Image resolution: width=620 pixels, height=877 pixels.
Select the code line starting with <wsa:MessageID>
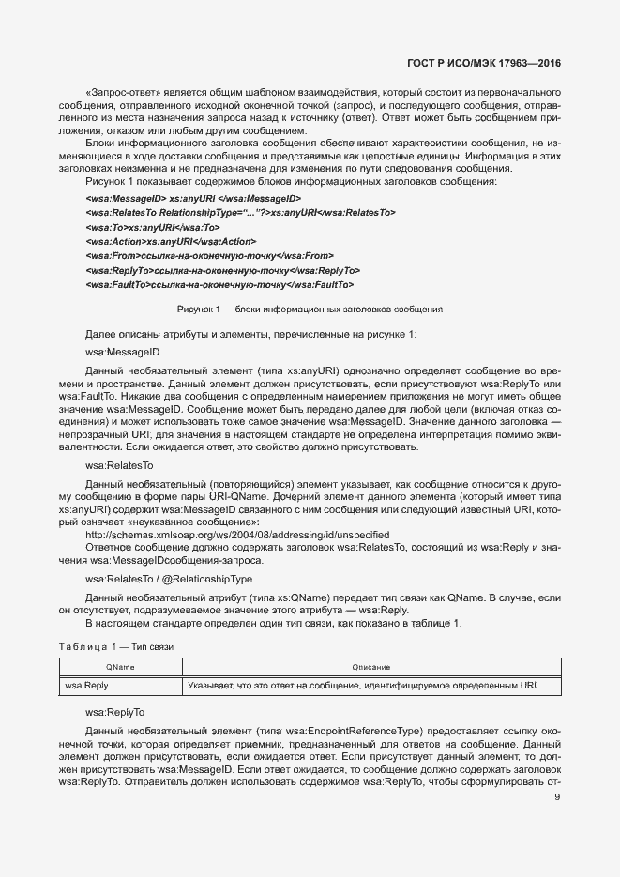(192, 198)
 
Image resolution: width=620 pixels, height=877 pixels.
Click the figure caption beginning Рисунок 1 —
(310, 309)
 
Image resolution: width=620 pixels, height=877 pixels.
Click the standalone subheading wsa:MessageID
(122, 352)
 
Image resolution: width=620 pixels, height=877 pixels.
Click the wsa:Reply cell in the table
(86, 687)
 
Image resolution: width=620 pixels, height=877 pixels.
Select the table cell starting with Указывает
(361, 687)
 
